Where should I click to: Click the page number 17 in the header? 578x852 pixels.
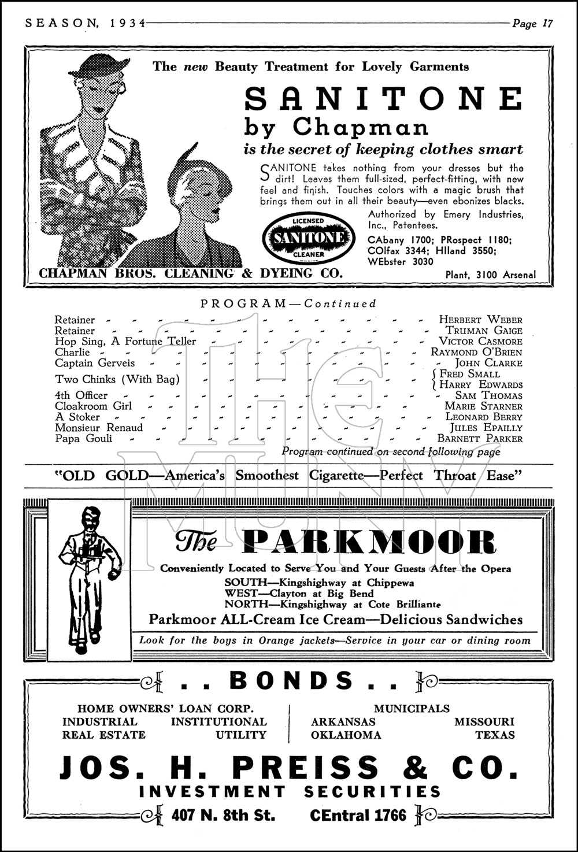click(x=547, y=24)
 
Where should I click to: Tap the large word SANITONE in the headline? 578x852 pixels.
click(x=383, y=98)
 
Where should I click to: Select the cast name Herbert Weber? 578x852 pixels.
click(x=480, y=320)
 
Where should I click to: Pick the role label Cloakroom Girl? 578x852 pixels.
click(x=93, y=406)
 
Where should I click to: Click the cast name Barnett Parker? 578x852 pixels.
click(x=480, y=439)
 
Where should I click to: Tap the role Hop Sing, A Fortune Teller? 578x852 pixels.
click(x=125, y=342)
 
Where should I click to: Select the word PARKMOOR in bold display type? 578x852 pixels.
click(x=369, y=542)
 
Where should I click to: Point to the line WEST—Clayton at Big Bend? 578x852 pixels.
click(x=299, y=593)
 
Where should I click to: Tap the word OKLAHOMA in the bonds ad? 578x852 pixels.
click(x=346, y=735)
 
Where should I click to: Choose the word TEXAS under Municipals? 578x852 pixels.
click(x=494, y=735)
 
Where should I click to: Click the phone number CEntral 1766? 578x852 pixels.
click(x=358, y=816)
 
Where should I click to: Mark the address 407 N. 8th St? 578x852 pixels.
click(x=223, y=816)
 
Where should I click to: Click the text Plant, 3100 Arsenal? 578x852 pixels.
click(x=491, y=275)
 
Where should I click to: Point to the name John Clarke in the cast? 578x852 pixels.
click(x=488, y=363)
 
